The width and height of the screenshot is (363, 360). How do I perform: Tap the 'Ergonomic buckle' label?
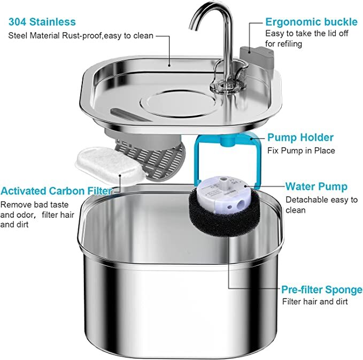point(312,22)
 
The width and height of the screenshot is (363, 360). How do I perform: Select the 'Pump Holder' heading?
point(300,137)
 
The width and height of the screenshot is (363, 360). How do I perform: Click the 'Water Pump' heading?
point(316,187)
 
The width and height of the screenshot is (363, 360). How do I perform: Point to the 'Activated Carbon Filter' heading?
point(56,191)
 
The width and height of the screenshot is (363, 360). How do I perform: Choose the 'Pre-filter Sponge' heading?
point(322,289)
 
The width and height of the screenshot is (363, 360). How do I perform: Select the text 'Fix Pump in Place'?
point(301,150)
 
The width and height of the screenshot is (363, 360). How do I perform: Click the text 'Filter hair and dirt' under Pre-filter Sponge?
point(315,302)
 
